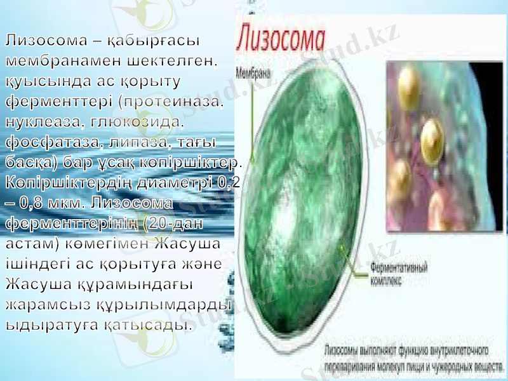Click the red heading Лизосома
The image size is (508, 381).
pos(284,37)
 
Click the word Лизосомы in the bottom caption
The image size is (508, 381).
pos(344,351)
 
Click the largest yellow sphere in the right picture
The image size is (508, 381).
pos(432,135)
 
